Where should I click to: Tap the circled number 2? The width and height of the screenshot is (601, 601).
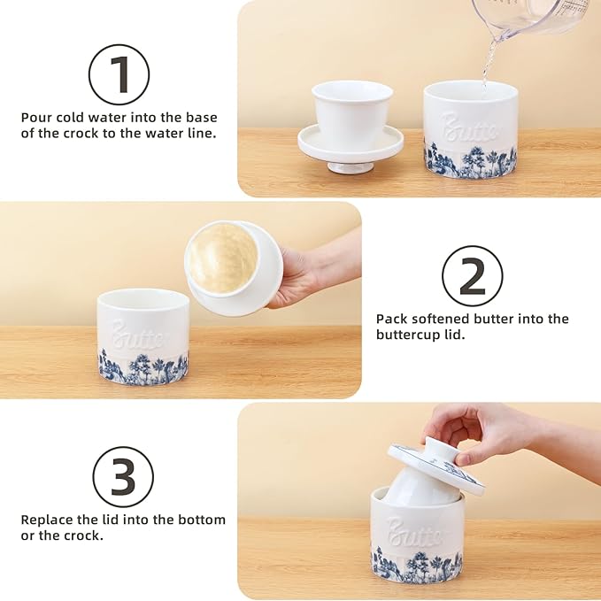point(472,276)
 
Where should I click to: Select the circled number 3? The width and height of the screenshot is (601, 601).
point(123,476)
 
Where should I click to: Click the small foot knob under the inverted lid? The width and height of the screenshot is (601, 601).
point(350,166)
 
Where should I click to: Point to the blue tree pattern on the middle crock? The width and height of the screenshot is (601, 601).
point(142,367)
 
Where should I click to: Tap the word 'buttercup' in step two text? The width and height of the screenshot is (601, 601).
point(408,335)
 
